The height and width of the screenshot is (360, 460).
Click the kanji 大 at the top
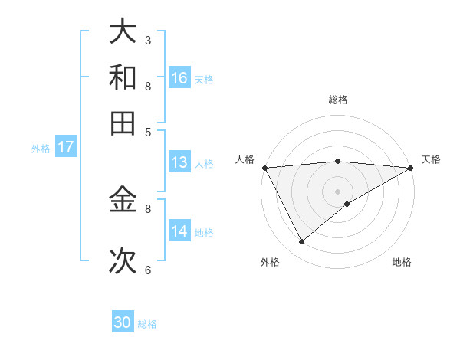coord(123,32)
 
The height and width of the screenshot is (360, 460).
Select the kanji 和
coord(123,77)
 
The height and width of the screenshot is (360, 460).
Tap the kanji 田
coord(123,123)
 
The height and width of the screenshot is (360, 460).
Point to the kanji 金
coord(123,201)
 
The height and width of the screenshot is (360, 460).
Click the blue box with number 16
coord(179,77)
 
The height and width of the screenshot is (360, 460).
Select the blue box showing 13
coord(179,162)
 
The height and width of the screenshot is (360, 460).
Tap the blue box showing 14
coord(179,231)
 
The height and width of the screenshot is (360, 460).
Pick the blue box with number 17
coord(65,147)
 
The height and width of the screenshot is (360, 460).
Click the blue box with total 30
coord(123,322)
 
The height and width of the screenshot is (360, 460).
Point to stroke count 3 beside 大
coord(148,40)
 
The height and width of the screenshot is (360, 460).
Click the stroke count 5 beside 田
coord(148,131)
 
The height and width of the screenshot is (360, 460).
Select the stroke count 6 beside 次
coord(148,270)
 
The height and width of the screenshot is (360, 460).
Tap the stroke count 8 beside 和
coord(148,86)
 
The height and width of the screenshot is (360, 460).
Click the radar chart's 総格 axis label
coord(337,100)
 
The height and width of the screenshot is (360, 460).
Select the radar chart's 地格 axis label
coord(402,263)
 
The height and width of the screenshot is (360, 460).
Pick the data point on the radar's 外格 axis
coord(302,242)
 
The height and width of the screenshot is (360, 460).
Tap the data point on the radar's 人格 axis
coord(264,167)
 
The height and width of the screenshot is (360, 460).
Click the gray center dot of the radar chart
coord(338,191)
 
